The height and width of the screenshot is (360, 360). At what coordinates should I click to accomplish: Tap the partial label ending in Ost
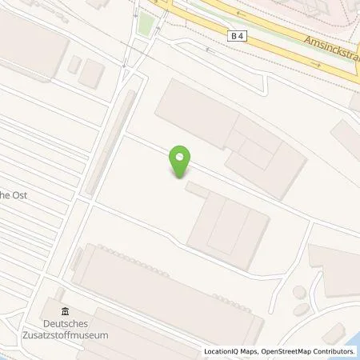point(14,194)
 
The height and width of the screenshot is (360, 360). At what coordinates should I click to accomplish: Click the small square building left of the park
point(92,74)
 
